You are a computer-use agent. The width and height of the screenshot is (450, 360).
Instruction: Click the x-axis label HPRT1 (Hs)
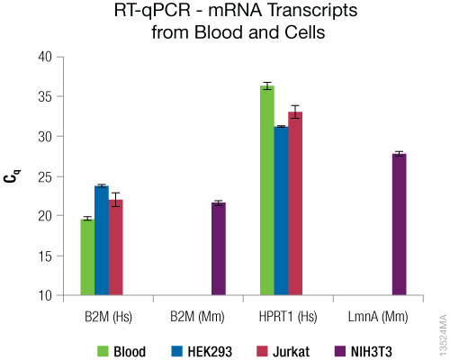(x=282, y=316)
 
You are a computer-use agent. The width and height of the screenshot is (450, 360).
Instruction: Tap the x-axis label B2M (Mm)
(x=192, y=316)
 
